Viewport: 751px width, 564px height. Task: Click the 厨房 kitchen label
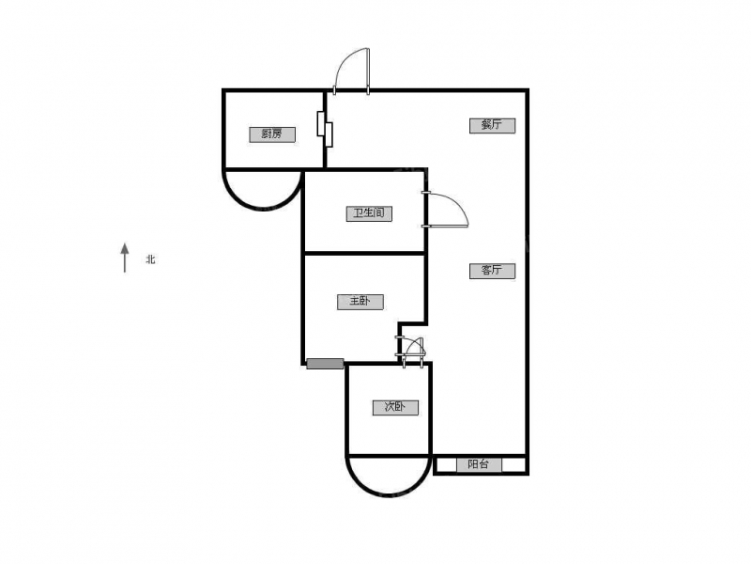pos(272,134)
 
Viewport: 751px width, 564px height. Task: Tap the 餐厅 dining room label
pos(492,125)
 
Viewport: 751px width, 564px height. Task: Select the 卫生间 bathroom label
pos(369,213)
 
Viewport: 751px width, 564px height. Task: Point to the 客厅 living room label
pos(492,271)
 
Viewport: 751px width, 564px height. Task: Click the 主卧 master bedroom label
pos(360,302)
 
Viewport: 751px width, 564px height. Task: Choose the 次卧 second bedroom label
pos(395,408)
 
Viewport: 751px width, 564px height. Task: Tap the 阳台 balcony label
pos(479,464)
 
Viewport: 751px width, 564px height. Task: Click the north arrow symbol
pos(125,258)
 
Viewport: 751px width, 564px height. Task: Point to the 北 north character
pos(151,259)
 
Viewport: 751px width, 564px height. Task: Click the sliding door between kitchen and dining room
pos(325,129)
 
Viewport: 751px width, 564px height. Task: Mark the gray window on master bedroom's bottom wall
pos(325,364)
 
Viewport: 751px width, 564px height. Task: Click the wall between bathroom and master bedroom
pos(365,253)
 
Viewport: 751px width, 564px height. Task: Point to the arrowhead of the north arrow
pos(125,248)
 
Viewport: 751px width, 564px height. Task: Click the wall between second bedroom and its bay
pos(389,455)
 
